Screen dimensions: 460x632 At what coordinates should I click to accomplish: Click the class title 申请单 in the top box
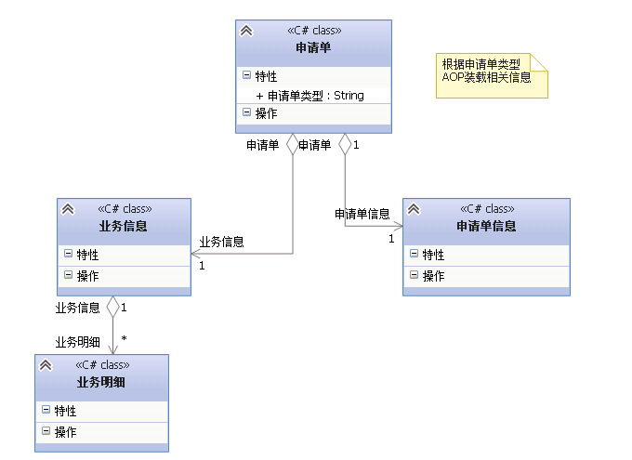(313, 47)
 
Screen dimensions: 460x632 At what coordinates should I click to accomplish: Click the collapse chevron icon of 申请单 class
(246, 31)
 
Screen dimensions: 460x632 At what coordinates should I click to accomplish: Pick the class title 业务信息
(124, 226)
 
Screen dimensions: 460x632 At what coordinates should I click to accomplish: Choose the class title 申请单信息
(486, 226)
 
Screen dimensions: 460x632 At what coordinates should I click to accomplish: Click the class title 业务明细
(101, 382)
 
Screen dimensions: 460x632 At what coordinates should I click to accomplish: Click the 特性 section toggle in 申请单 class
(246, 76)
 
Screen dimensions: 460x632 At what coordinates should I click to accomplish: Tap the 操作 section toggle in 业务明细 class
(46, 431)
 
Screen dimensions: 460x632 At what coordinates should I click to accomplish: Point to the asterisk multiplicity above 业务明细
(124, 340)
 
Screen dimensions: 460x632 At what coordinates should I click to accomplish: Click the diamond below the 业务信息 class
(113, 306)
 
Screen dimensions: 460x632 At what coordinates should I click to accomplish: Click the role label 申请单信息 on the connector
(362, 214)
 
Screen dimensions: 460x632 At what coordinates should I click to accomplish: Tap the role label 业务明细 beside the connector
(77, 342)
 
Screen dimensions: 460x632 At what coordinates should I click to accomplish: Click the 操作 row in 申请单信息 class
(433, 276)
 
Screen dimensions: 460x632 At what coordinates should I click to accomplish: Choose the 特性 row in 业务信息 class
(87, 255)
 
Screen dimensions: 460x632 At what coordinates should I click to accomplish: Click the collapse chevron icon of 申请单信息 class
(414, 209)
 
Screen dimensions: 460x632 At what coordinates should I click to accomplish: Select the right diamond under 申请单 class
(345, 144)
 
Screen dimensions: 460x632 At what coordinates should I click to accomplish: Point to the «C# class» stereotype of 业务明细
(101, 365)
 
